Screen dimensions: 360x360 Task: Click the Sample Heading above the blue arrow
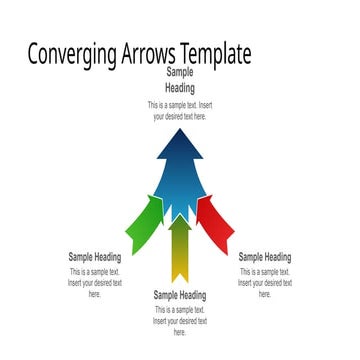click(180, 81)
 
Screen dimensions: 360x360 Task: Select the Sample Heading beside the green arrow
click(95, 257)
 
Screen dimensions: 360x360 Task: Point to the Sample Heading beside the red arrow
click(265, 257)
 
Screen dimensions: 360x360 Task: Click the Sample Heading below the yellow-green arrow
click(180, 295)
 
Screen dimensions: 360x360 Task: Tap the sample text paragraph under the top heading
click(180, 110)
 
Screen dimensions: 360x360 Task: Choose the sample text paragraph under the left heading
click(95, 283)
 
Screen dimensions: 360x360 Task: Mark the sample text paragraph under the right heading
click(265, 283)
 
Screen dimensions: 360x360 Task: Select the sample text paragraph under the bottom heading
click(180, 321)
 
